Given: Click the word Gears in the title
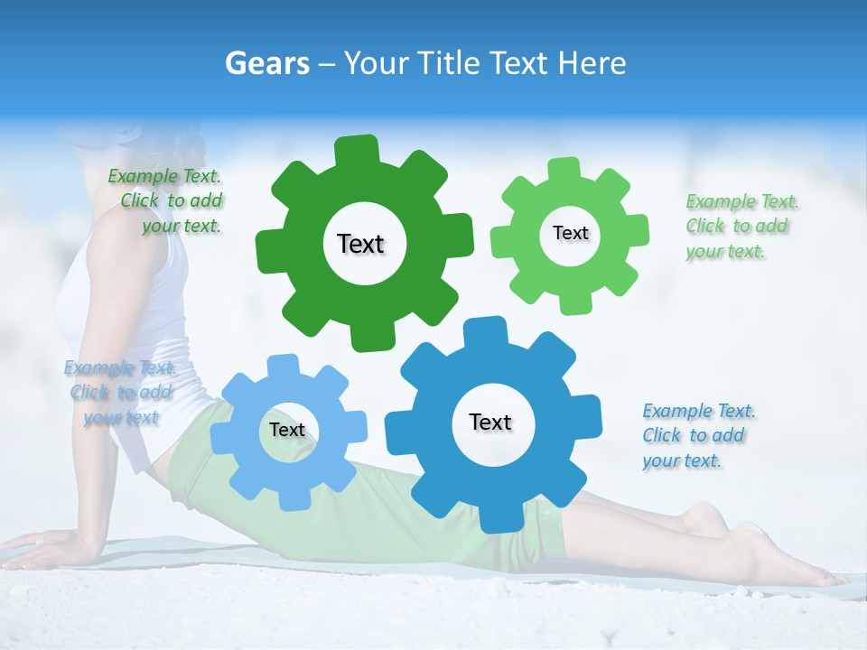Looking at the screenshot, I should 266,63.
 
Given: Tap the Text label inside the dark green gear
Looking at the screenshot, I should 360,244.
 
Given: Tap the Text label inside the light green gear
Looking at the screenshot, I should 570,233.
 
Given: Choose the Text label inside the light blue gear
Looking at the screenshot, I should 287,430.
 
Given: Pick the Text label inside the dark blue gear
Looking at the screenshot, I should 490,422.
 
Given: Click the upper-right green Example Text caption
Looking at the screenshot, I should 741,226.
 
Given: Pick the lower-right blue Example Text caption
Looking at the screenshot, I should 697,435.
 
